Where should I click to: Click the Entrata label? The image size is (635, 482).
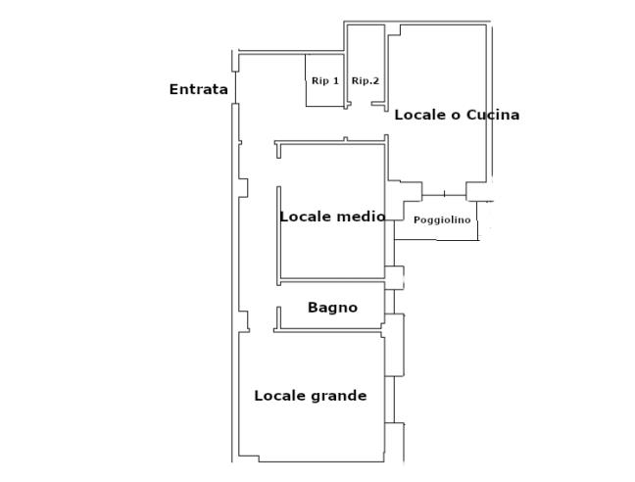point(198,89)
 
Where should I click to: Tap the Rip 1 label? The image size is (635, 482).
point(325,81)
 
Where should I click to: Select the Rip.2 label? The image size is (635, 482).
point(366,81)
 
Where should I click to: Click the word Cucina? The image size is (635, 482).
point(493,115)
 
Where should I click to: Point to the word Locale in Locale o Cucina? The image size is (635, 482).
point(420,115)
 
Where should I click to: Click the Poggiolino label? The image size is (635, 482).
point(442,220)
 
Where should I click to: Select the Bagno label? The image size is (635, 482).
point(332,308)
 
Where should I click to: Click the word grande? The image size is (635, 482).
point(339,396)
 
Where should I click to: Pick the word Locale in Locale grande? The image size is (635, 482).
point(280,396)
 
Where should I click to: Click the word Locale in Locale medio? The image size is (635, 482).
point(306,217)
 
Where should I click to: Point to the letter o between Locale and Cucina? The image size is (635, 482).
point(456,116)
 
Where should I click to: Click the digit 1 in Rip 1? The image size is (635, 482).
point(336,80)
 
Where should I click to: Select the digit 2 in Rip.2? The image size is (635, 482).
point(376,80)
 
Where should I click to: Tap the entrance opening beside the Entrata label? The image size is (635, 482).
point(235,87)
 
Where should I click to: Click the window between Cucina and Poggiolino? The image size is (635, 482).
point(444,195)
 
